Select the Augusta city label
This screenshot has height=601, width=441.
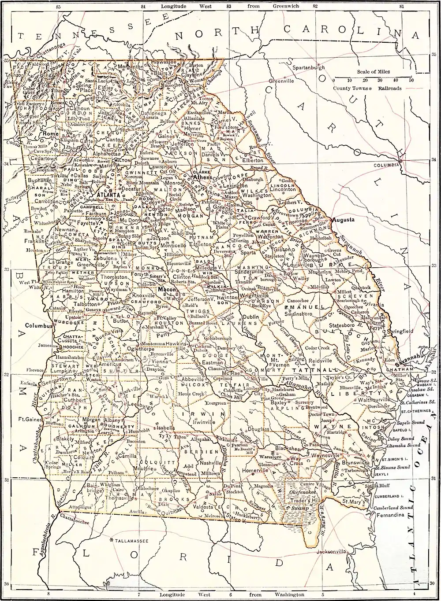(x=344, y=219)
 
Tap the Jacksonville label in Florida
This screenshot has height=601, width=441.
(x=331, y=551)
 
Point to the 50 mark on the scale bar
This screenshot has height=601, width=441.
(x=411, y=81)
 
